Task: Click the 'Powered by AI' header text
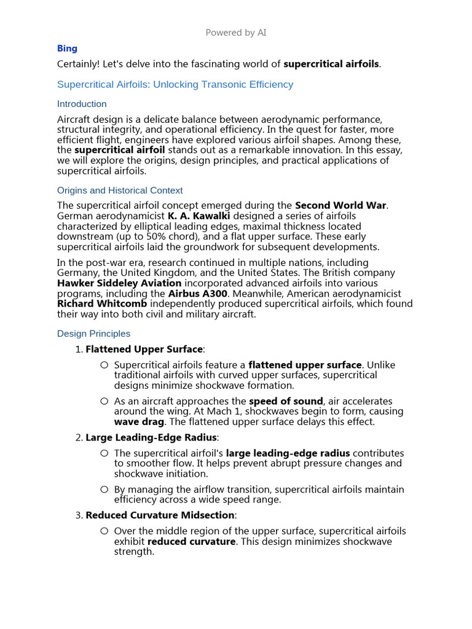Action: (x=236, y=33)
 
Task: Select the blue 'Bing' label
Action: (x=67, y=49)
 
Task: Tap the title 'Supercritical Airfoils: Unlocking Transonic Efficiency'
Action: (x=175, y=84)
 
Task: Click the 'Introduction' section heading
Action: (x=82, y=104)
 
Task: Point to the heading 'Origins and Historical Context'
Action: (x=120, y=190)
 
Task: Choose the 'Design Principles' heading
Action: (x=93, y=334)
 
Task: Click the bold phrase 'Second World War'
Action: (x=341, y=205)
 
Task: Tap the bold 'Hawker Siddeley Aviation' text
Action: (x=119, y=283)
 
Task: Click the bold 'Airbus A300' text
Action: (x=196, y=294)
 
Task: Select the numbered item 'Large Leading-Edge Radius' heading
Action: (x=151, y=437)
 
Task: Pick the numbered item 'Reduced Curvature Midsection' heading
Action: (x=160, y=515)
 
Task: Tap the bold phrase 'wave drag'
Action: (x=139, y=422)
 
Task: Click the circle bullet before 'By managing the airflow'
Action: (x=104, y=490)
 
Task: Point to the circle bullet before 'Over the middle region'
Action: (x=104, y=531)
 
